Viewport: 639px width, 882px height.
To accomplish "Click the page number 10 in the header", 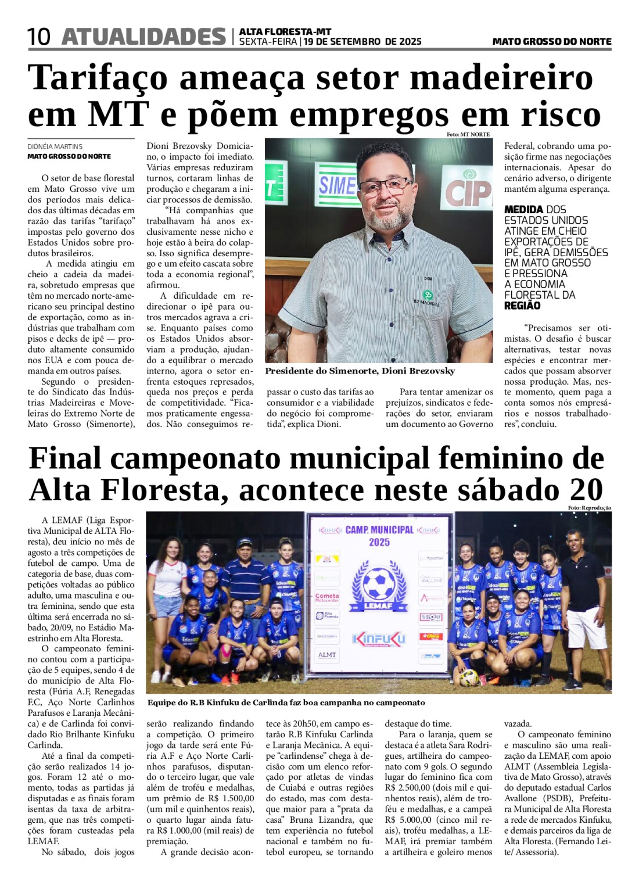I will pyautogui.click(x=39, y=37).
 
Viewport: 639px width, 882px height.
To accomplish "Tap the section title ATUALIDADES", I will pyautogui.click(x=143, y=37).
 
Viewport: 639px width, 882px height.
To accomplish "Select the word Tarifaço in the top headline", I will pyautogui.click(x=98, y=77).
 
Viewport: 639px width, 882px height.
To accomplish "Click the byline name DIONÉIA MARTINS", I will pyautogui.click(x=55, y=146).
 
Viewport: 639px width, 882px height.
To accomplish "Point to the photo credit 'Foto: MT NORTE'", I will pyautogui.click(x=468, y=134).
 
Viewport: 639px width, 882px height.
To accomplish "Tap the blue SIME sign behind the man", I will pyautogui.click(x=337, y=185).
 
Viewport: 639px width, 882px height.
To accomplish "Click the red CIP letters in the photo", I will pyautogui.click(x=468, y=192).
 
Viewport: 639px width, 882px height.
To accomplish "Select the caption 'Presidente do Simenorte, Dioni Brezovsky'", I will pyautogui.click(x=360, y=371).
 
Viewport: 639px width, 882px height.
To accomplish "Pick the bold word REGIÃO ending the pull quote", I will pyautogui.click(x=522, y=306).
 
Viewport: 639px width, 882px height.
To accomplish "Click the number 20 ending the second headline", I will pyautogui.click(x=586, y=490).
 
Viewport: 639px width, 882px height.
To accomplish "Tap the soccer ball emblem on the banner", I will pyautogui.click(x=379, y=584).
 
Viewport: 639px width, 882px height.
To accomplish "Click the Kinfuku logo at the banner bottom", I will pyautogui.click(x=379, y=639).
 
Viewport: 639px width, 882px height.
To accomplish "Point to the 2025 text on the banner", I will pyautogui.click(x=379, y=542).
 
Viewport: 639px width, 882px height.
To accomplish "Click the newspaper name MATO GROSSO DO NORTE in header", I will pyautogui.click(x=551, y=42).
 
